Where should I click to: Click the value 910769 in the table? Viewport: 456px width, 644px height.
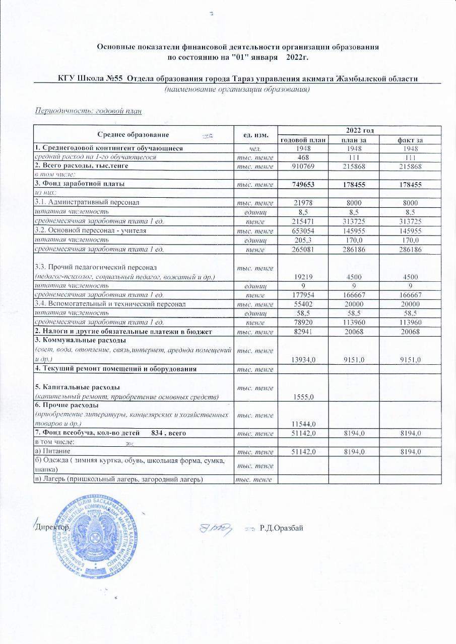[x=303, y=166]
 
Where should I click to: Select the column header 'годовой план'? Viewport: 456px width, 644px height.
[x=303, y=139]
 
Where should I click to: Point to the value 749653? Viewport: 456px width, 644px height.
[x=303, y=184]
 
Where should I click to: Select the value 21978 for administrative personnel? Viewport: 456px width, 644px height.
[x=303, y=203]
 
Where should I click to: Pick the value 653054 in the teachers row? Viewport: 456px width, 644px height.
[x=303, y=230]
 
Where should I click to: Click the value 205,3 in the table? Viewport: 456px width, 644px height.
[x=303, y=239]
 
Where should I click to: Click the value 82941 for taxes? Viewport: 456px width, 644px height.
[x=303, y=332]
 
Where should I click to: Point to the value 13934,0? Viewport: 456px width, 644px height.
[x=303, y=359]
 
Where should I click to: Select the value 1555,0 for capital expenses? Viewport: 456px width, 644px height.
[x=303, y=396]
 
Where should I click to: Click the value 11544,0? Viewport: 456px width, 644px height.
[x=303, y=424]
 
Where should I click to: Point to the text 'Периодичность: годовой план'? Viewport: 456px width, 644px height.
[x=88, y=111]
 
